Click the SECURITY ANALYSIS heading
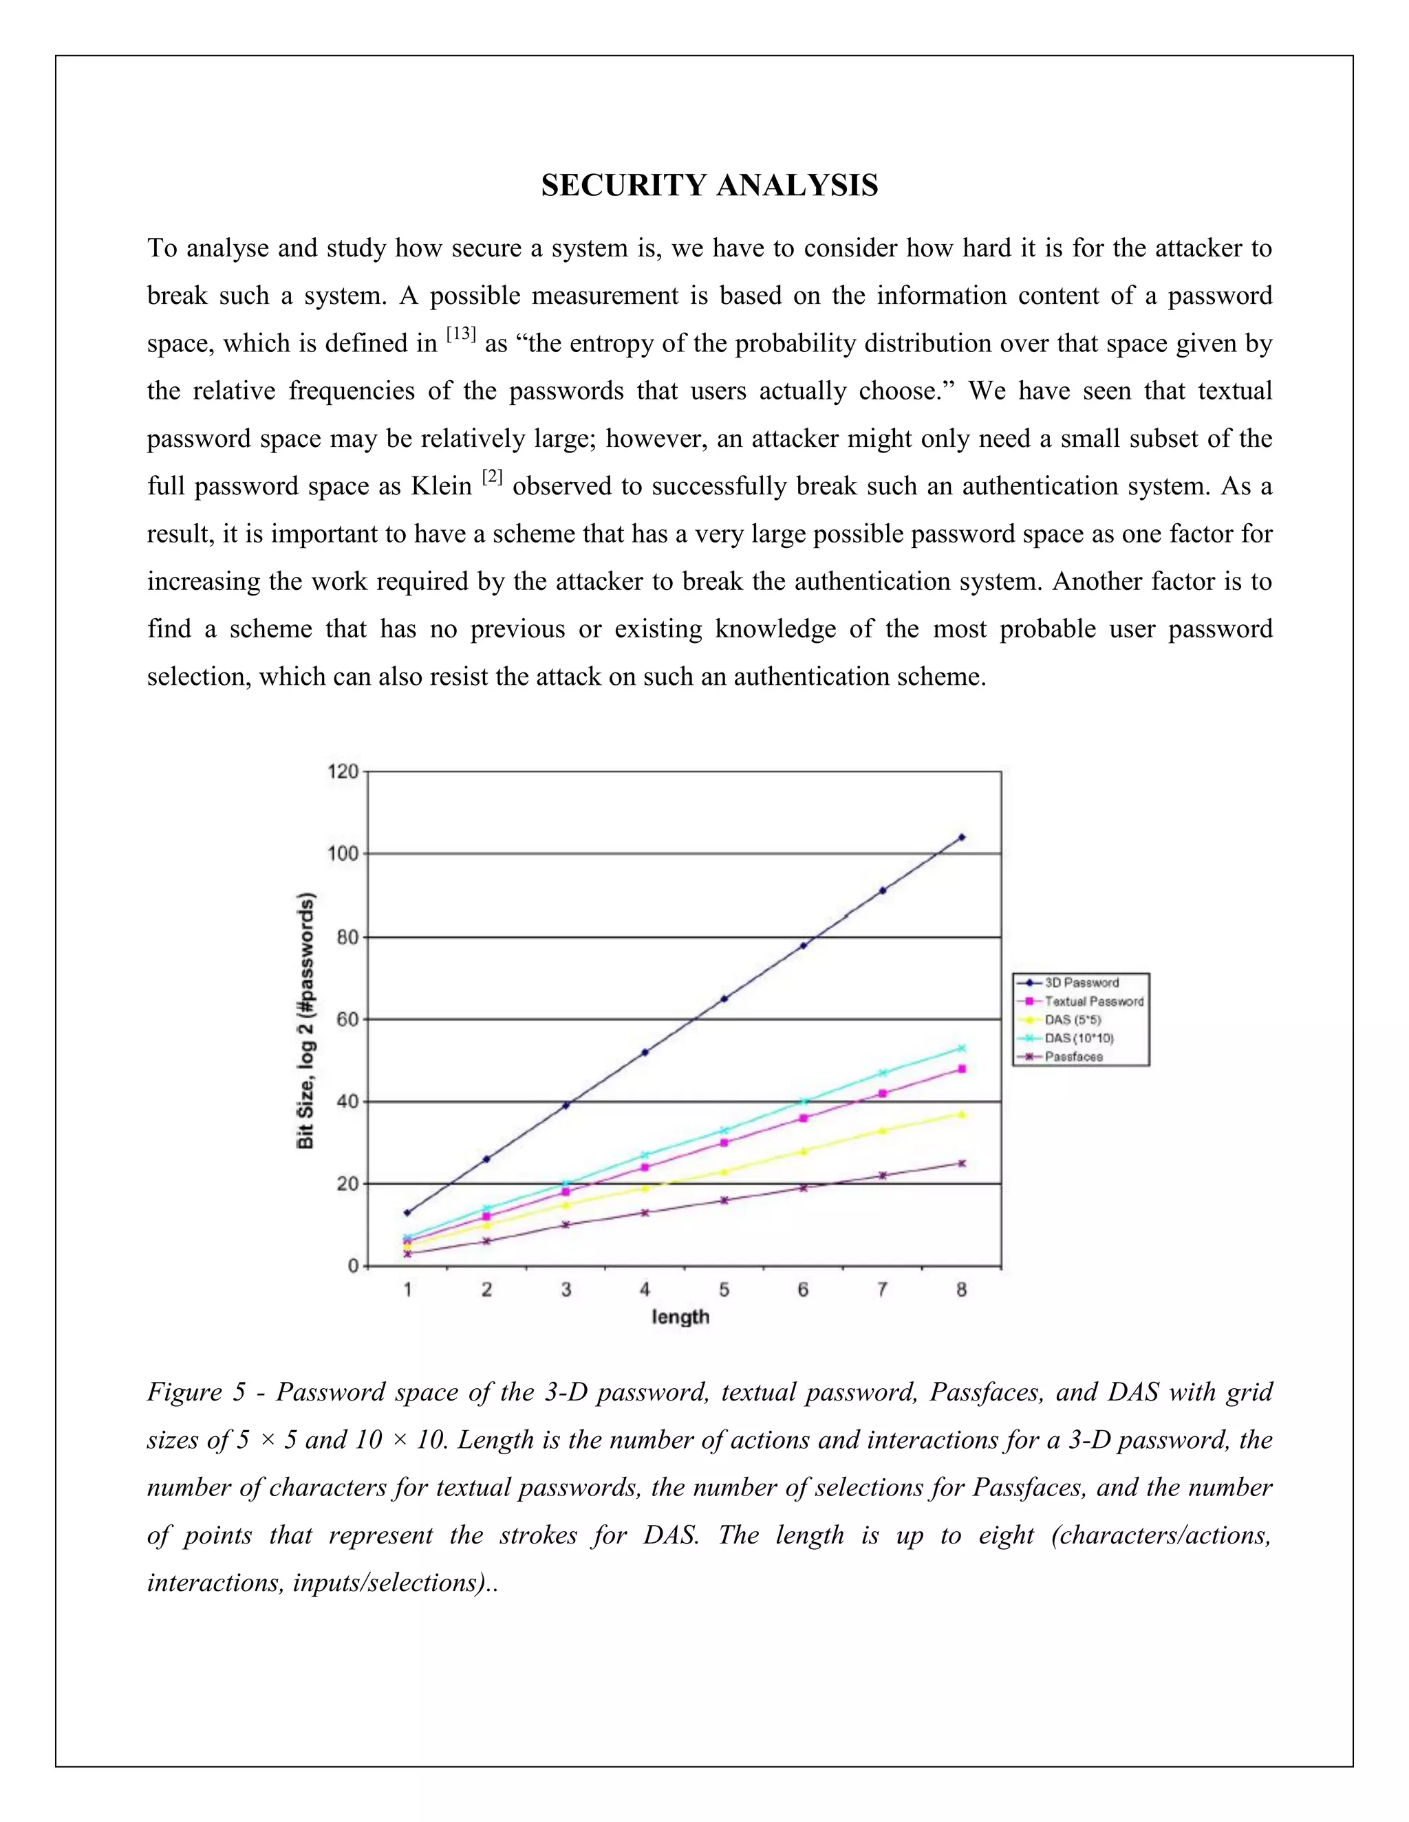pos(709,185)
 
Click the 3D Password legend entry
pos(1081,983)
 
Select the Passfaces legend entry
pos(1073,1057)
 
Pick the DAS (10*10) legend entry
pos(1079,1039)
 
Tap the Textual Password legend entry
pos(1093,1001)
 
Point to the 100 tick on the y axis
pos(341,853)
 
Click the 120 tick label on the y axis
pos(341,771)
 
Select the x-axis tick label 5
pos(724,1290)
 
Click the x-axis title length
pos(680,1317)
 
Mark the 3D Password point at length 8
pos(962,837)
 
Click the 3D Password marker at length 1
pos(407,1212)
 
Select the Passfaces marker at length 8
pos(962,1163)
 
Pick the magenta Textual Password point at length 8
pos(962,1068)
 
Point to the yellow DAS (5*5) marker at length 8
pos(962,1114)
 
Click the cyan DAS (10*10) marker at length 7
pos(882,1073)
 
